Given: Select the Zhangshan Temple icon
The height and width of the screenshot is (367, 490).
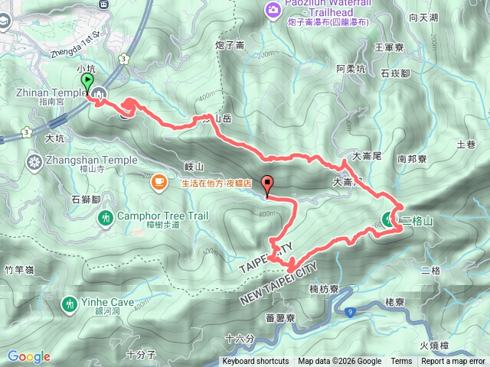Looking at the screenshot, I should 34,161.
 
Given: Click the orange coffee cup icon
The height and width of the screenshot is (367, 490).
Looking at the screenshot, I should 158,182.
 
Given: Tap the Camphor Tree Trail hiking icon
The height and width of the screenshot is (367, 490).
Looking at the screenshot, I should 106,218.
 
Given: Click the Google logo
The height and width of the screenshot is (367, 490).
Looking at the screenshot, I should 28,356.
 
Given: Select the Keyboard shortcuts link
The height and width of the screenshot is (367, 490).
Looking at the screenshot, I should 255,362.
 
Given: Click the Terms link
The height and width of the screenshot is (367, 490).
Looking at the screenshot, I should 400,362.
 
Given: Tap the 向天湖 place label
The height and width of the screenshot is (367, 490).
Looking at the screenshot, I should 445,18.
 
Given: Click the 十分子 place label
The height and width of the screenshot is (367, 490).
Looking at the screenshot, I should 142,354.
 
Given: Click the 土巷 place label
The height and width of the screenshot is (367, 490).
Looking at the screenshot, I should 465,144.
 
